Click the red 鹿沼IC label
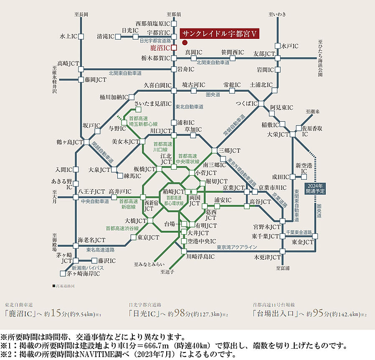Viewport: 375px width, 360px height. pyautogui.click(x=160, y=48)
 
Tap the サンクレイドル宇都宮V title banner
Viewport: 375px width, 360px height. pyautogui.click(x=220, y=34)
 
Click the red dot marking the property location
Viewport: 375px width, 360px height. pyautogui.click(x=184, y=42)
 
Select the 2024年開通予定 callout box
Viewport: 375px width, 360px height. pyautogui.click(x=315, y=188)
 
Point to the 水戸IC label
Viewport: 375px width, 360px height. pyautogui.click(x=289, y=46)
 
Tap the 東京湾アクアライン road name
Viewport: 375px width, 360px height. pyautogui.click(x=236, y=247)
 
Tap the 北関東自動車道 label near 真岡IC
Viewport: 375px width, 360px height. pyautogui.click(x=213, y=62)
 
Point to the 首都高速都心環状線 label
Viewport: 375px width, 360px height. pyautogui.click(x=175, y=200)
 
